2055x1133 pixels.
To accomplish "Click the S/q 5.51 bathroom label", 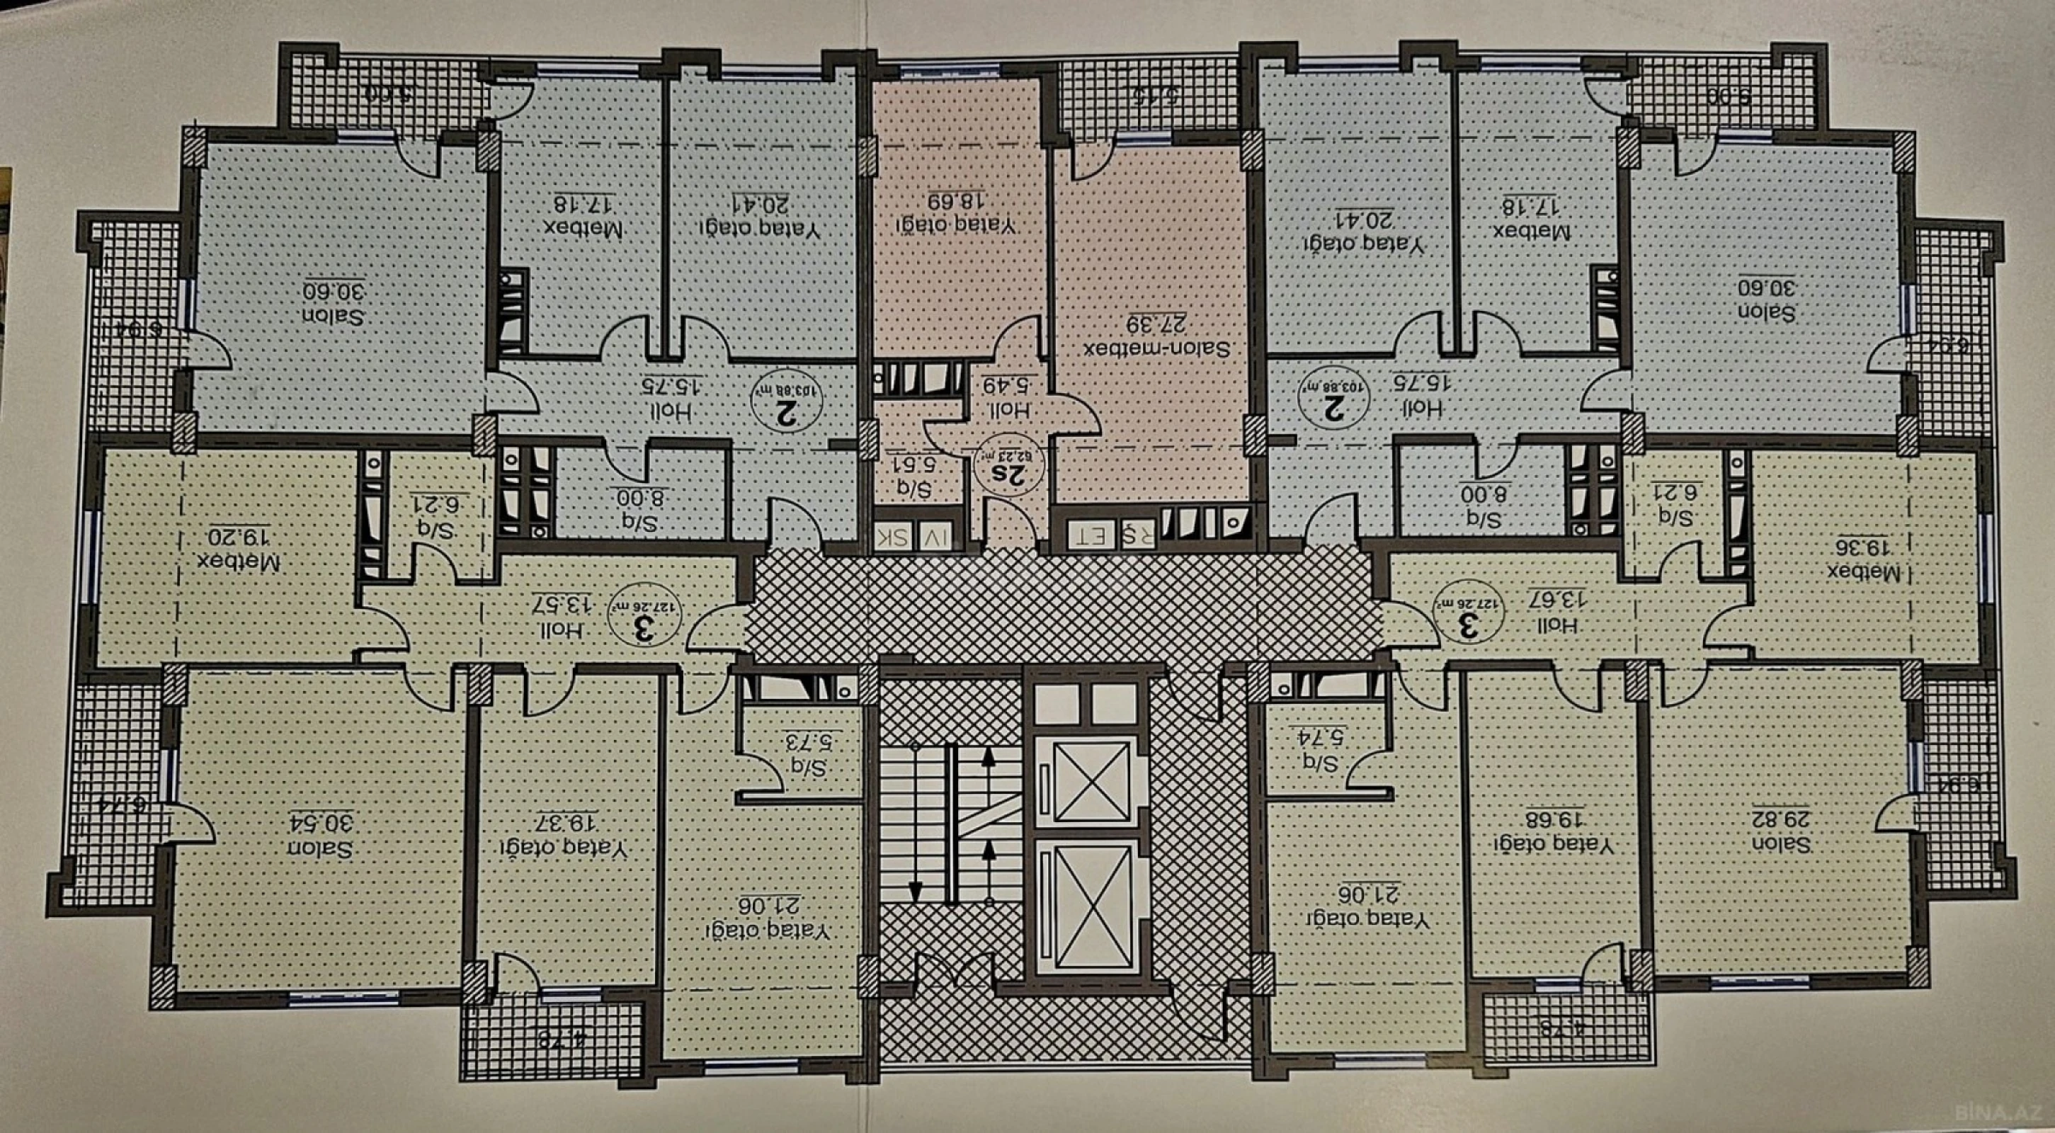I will [x=915, y=476].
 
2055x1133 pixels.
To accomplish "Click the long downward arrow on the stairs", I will [x=916, y=822].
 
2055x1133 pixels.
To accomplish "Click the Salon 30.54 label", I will [x=319, y=836].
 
